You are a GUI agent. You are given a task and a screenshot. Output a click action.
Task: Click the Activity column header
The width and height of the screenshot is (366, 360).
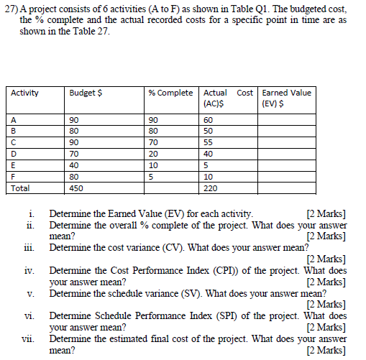click(x=25, y=93)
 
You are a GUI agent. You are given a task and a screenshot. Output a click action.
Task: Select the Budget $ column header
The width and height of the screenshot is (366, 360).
click(x=85, y=93)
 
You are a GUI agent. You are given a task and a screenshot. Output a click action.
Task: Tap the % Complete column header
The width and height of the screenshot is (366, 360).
click(x=170, y=93)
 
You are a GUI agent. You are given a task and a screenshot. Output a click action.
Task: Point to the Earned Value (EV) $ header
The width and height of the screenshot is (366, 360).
click(x=287, y=98)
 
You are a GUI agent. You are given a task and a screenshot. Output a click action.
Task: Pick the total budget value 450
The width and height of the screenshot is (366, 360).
click(x=76, y=188)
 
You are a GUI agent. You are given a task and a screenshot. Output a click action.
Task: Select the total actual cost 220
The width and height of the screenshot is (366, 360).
click(x=211, y=188)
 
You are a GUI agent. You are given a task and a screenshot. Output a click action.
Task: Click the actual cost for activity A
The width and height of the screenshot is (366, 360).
click(x=209, y=119)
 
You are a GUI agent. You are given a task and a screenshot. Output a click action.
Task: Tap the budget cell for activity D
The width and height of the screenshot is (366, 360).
click(x=74, y=154)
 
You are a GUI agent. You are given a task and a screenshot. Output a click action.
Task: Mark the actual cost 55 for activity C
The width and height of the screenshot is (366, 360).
click(x=209, y=142)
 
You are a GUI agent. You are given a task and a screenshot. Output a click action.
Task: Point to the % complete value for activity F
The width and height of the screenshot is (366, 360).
click(x=151, y=177)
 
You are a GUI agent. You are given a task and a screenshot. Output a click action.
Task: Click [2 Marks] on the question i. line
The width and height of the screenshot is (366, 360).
click(x=326, y=213)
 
